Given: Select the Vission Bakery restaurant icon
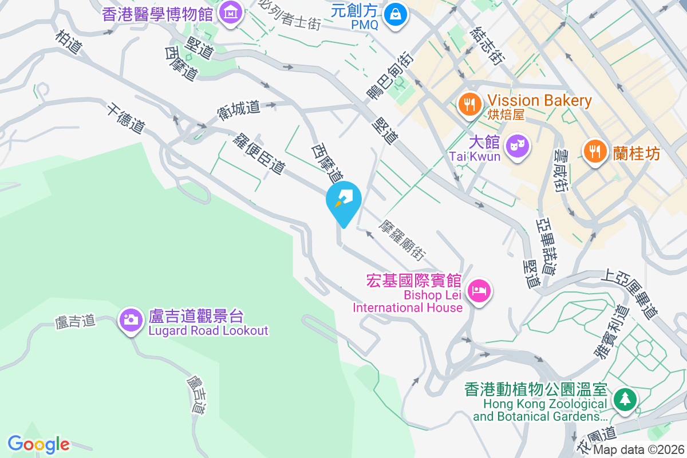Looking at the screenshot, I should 469,104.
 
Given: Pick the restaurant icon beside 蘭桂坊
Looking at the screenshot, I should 595,151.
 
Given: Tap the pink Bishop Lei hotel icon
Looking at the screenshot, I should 479,291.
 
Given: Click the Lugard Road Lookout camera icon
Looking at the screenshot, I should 131,319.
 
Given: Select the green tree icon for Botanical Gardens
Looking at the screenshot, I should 624,399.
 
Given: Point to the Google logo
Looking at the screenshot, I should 39,444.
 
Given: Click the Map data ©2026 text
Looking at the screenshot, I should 638,450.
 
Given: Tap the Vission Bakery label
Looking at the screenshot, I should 540,101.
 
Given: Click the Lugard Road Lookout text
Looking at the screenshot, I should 208,330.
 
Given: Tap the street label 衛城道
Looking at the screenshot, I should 239,109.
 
